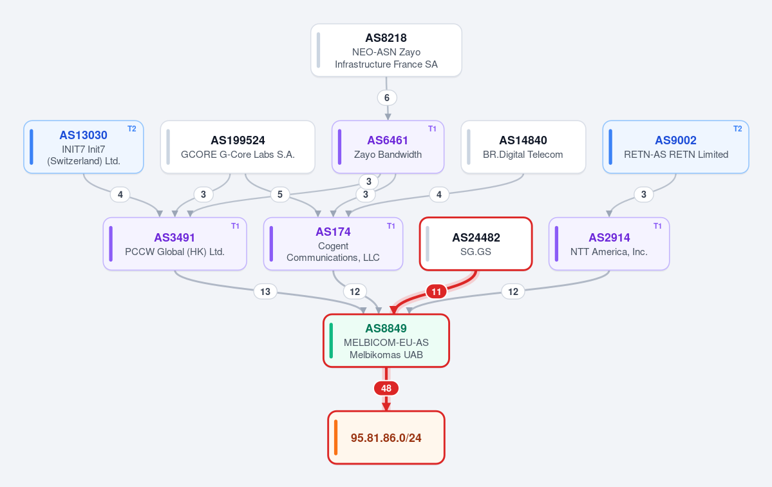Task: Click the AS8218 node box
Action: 386,50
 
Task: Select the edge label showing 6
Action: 387,97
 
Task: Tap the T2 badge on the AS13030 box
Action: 132,129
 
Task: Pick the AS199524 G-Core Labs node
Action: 238,147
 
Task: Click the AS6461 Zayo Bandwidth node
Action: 388,147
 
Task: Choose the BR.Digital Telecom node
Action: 523,147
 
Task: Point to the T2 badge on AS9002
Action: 737,129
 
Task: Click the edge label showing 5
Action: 280,195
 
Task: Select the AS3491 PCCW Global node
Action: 174,243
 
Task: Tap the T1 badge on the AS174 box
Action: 391,226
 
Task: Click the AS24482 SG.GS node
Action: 476,243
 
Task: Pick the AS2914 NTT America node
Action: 609,243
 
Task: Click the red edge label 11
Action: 436,292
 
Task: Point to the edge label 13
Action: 265,292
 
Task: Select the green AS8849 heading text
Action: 386,329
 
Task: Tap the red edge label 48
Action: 386,388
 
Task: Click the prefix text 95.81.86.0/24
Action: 386,438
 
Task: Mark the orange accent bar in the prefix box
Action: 336,437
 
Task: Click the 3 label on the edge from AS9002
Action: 643,195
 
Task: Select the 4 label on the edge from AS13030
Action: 120,195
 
